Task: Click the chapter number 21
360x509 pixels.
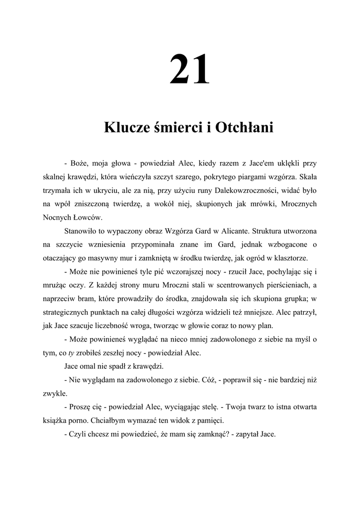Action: click(189, 70)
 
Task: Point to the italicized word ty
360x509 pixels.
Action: click(71, 352)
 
